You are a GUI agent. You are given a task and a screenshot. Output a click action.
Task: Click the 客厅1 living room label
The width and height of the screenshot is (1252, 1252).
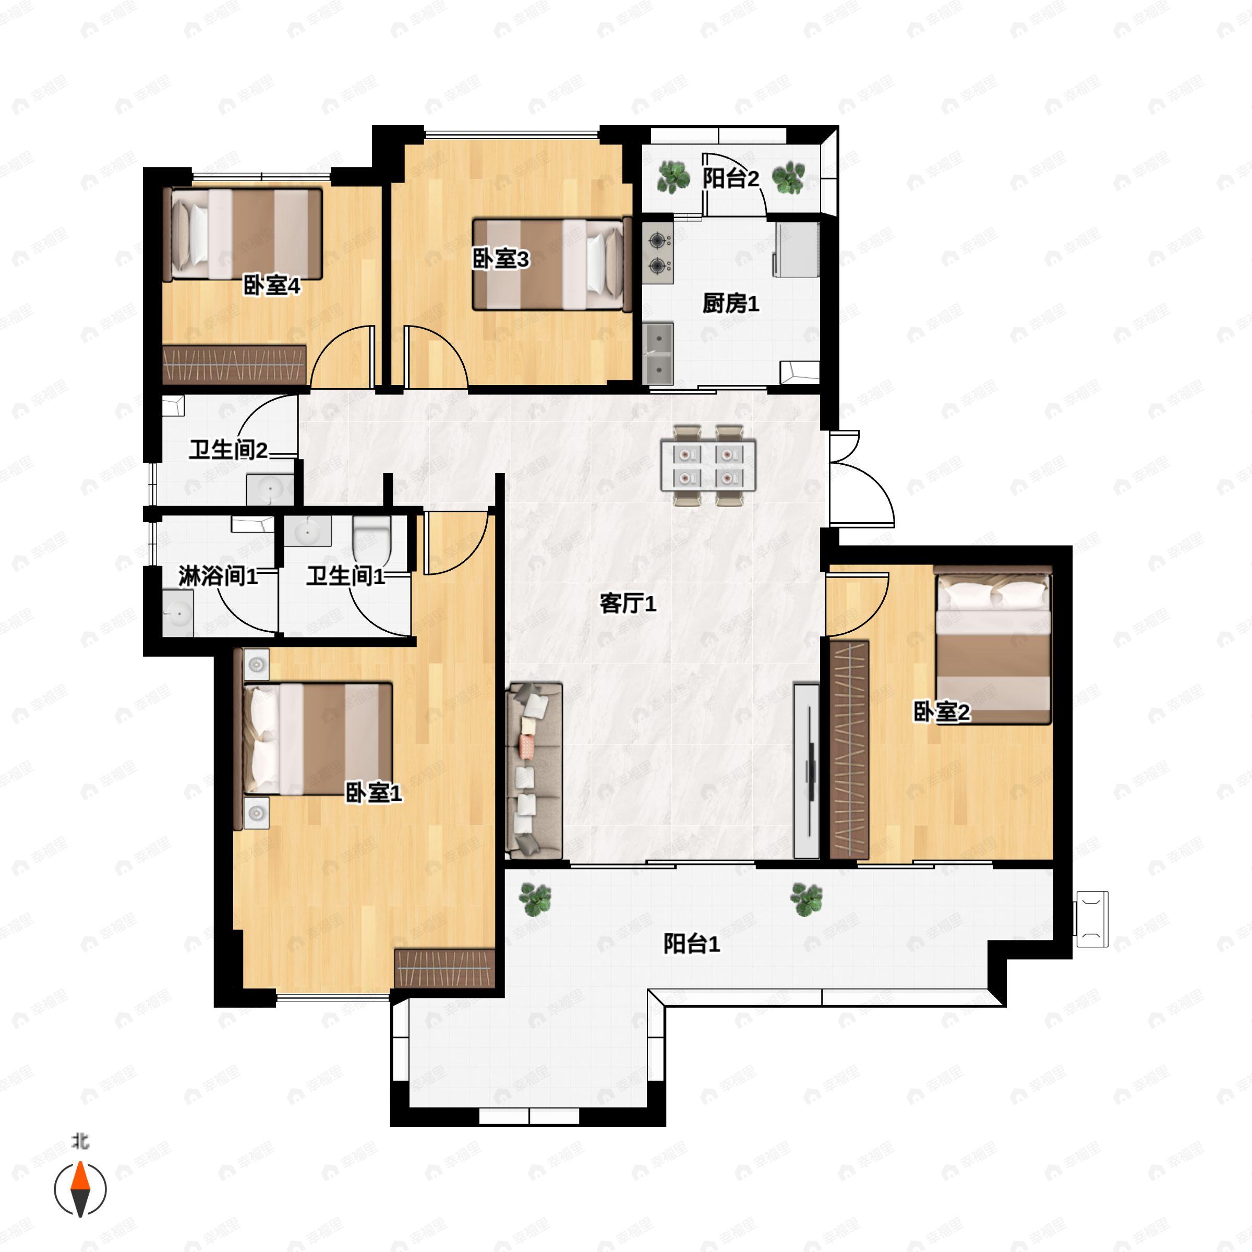(627, 604)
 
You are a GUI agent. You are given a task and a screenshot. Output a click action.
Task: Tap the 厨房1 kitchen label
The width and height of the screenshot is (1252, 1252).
(730, 303)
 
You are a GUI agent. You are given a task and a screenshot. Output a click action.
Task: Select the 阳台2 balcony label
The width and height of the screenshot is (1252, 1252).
(730, 178)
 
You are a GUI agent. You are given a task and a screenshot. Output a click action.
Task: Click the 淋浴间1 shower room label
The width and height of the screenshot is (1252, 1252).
(218, 575)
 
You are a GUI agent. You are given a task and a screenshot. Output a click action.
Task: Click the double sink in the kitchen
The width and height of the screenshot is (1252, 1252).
(658, 354)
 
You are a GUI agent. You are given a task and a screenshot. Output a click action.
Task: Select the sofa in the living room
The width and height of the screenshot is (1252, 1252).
(534, 771)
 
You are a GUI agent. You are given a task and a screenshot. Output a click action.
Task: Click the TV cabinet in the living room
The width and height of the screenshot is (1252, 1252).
(807, 771)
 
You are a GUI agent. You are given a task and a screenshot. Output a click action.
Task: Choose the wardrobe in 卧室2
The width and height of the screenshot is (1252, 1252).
(849, 750)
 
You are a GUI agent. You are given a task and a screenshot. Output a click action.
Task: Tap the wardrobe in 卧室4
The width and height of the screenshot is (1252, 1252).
(234, 364)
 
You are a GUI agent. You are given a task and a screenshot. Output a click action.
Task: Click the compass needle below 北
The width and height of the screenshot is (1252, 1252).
(80, 1190)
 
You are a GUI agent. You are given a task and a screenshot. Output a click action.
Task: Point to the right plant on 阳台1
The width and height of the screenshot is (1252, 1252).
(806, 899)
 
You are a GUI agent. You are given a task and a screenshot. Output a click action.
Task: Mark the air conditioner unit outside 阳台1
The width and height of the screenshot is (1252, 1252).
(1092, 919)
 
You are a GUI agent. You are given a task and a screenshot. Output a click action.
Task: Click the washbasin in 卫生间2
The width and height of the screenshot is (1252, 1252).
(270, 489)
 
